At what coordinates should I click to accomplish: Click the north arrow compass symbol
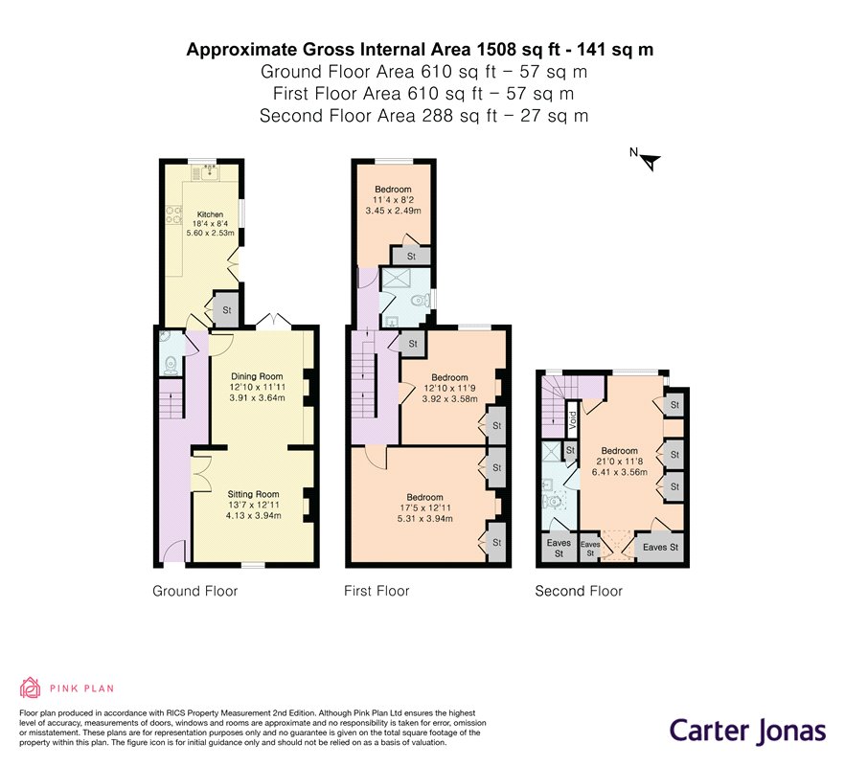tap(648, 160)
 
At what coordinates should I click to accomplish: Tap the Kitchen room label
tap(210, 214)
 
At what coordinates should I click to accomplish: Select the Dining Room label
tap(257, 376)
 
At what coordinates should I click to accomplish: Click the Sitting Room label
tap(253, 494)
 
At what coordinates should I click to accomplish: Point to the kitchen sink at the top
tap(207, 172)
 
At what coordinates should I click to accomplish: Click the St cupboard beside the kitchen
tap(226, 310)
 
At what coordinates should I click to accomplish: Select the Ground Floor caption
tap(194, 591)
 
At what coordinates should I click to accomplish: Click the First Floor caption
tap(377, 591)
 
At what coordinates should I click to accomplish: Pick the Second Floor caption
tap(579, 591)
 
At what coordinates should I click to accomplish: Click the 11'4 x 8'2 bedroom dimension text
tap(393, 200)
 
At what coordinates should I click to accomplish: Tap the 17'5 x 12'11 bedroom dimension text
tap(424, 508)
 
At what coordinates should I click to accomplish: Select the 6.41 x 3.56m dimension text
tap(619, 472)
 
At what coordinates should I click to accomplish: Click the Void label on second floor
tap(571, 419)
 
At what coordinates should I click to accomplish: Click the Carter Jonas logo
tap(746, 730)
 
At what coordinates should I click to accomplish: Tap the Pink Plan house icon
tap(31, 687)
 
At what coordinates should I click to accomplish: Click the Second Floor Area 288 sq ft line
tap(422, 116)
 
